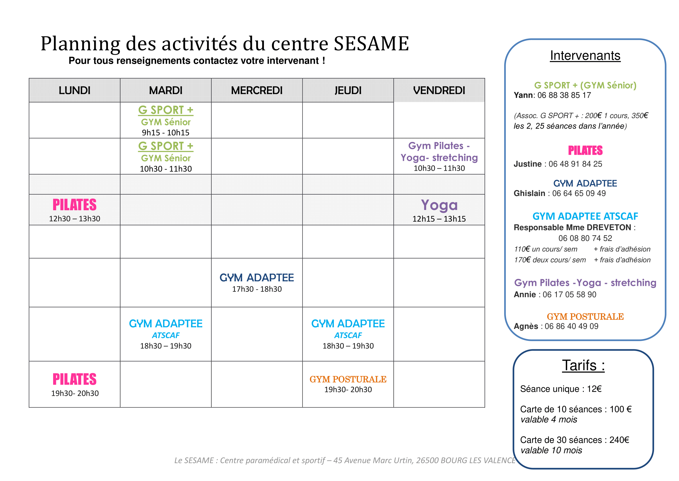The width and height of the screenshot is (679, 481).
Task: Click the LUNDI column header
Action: pos(75,90)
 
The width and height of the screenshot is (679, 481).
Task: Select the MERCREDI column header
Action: pos(257,90)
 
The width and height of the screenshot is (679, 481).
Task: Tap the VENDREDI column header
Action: pos(439,90)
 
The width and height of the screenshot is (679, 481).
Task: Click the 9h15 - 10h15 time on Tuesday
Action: pos(165,132)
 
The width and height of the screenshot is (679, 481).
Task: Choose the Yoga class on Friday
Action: pos(439,205)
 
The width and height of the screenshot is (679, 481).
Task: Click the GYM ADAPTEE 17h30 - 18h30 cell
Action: pos(257,283)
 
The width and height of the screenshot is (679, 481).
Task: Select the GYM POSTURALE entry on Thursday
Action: pos(348,379)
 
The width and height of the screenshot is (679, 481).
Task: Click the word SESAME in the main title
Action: pos(372,44)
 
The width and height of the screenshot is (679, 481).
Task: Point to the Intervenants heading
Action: pos(585,56)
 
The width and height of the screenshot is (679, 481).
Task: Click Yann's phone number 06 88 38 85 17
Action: pos(564,95)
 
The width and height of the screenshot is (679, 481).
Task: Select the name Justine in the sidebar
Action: pos(527,164)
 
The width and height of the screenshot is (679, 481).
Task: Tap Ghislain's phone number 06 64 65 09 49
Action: pos(579,193)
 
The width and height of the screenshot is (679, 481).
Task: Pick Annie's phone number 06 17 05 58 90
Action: pos(570,294)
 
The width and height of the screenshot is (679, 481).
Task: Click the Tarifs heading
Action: pos(583,365)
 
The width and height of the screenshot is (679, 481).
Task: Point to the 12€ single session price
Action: pos(594,389)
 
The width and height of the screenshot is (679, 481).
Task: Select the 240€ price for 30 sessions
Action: pos(619,440)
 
